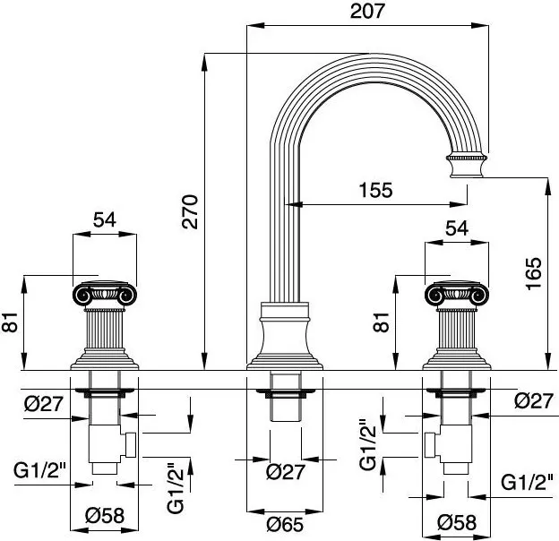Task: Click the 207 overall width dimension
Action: [368, 12]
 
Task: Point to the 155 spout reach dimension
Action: [374, 190]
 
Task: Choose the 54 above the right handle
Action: [457, 228]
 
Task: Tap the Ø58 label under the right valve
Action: [457, 520]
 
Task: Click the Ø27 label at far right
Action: [533, 402]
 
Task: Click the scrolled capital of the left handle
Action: [104, 291]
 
